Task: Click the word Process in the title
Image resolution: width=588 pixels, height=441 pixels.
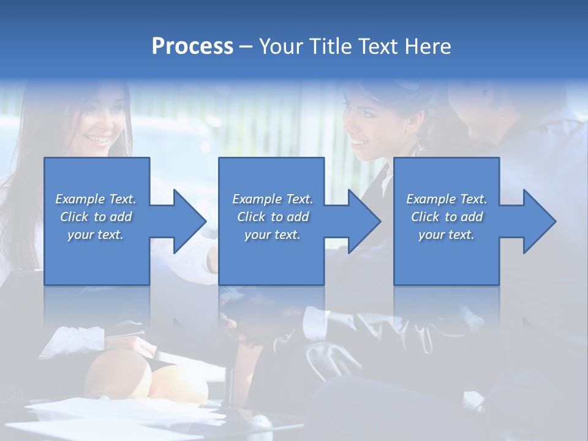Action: click(192, 47)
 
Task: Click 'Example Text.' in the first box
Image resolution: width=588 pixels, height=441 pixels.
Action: click(96, 199)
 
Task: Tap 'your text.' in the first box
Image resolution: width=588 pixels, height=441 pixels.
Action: click(96, 235)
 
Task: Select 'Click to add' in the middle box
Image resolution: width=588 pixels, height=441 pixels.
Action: click(273, 217)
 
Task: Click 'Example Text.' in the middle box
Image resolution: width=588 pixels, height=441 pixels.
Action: click(273, 199)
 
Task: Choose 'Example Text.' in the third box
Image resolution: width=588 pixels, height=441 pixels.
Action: click(447, 199)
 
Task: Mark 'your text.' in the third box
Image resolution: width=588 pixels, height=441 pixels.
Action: click(447, 235)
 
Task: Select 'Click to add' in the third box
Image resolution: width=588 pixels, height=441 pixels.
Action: click(447, 217)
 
